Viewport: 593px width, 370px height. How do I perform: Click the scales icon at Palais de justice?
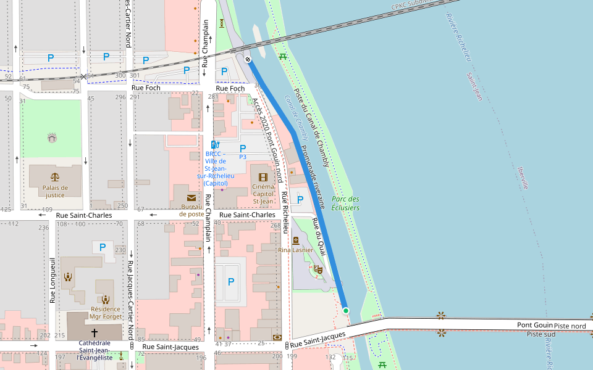click(55, 176)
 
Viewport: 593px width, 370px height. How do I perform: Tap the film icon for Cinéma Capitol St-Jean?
click(263, 177)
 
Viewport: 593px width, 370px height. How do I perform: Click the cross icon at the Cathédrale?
click(95, 332)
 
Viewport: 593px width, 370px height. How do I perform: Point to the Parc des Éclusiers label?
click(345, 203)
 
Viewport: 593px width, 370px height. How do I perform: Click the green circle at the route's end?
click(346, 311)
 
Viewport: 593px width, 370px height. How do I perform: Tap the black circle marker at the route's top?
click(248, 59)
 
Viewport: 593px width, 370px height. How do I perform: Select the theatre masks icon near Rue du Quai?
click(318, 269)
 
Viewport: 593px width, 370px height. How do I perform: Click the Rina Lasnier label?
click(295, 250)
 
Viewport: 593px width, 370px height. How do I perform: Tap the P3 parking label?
click(243, 157)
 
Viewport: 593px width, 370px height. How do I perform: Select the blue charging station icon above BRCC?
click(216, 145)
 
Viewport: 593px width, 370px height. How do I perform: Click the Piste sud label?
click(541, 334)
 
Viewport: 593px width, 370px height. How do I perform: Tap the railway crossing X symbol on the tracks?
click(83, 76)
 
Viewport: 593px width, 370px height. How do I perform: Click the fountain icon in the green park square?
click(52, 137)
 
